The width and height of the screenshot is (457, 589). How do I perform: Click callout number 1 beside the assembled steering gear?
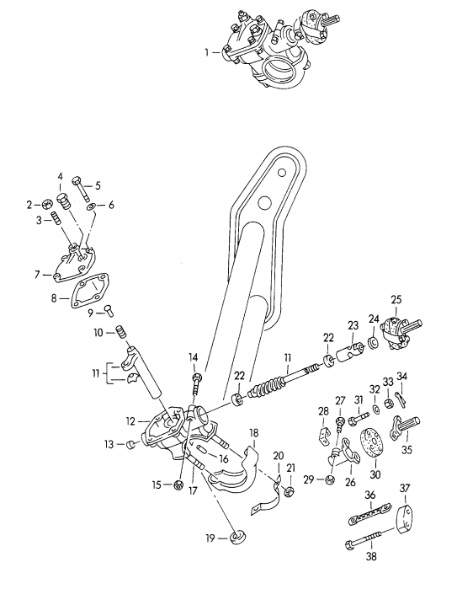coord(206,52)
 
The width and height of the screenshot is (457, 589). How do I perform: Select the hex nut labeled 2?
coord(46,205)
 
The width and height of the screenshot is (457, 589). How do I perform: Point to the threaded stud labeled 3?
coord(56,218)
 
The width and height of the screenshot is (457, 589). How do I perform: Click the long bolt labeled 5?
coord(82,188)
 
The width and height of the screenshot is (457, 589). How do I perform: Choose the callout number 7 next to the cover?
coord(37,275)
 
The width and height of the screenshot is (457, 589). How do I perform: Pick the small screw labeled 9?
coord(108,310)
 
